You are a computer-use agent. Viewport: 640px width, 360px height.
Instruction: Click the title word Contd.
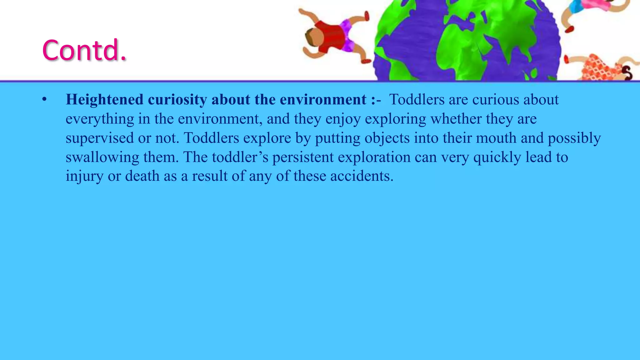(84, 50)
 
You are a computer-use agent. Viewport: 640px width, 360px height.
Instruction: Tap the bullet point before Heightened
(44, 100)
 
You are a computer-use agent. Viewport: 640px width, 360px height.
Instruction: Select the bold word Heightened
(104, 100)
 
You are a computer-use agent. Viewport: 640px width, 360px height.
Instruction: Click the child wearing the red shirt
(331, 37)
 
